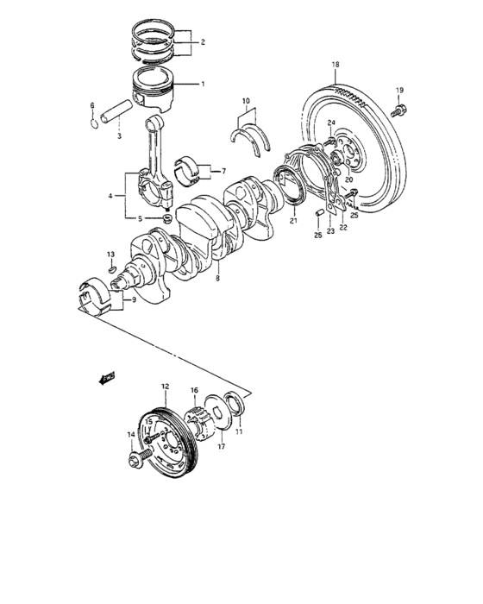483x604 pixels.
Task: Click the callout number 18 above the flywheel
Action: [336, 65]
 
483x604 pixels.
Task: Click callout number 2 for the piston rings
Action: [202, 41]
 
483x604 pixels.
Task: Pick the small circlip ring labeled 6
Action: [93, 122]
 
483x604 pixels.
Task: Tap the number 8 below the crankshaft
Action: [217, 279]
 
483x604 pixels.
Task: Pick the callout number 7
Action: [223, 171]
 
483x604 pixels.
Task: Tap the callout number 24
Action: [330, 124]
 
